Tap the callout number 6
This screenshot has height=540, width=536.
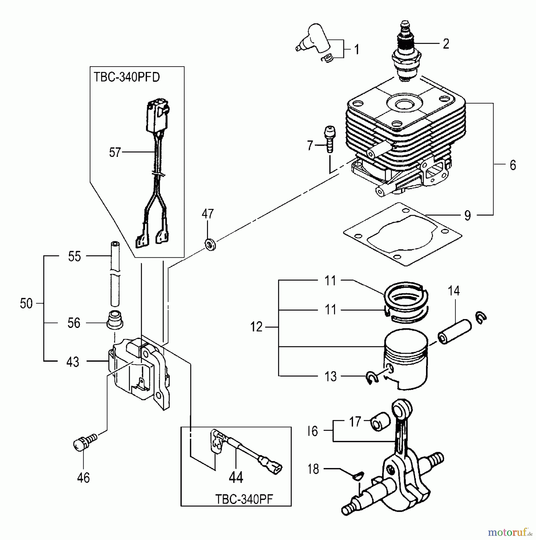point(513,165)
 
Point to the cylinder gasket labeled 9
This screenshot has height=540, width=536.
point(403,234)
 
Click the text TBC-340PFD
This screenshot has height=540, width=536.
point(126,77)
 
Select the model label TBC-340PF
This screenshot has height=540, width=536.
point(244,499)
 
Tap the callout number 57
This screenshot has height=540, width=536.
point(114,152)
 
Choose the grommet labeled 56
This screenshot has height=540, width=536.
point(114,320)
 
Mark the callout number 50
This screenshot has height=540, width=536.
point(26,304)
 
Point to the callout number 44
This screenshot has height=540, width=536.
point(236,477)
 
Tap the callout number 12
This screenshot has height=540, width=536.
point(256,327)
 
